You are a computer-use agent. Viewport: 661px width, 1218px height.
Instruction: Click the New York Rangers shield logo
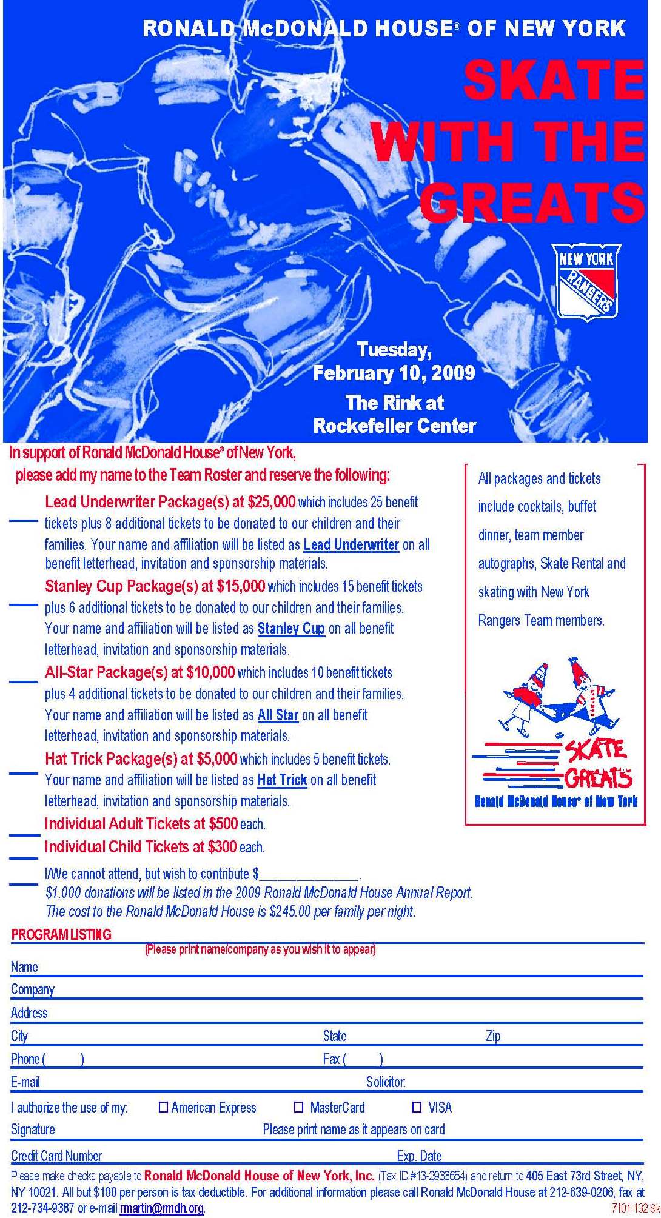point(586,281)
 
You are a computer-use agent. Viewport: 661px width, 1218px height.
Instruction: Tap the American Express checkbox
point(163,1108)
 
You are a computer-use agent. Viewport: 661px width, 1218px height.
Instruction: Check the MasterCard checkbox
point(298,1108)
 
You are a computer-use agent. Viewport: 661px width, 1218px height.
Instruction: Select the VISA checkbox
point(417,1108)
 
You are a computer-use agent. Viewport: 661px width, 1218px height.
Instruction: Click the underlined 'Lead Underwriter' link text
point(351,544)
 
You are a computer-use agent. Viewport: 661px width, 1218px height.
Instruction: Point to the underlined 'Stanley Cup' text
point(291,629)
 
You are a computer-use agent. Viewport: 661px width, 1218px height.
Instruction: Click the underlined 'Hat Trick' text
point(282,780)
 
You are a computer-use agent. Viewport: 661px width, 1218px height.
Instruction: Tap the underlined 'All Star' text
point(278,715)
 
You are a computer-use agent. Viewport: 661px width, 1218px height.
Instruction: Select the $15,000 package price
point(241,586)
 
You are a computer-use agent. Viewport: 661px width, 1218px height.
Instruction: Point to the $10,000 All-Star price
point(210,672)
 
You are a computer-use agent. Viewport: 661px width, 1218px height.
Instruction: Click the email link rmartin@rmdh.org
point(161,1208)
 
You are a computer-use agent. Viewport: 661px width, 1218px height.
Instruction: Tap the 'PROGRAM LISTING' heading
point(61,934)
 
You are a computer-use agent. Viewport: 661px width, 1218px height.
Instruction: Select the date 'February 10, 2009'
point(394,372)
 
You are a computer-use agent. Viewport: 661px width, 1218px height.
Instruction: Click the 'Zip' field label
point(493,1036)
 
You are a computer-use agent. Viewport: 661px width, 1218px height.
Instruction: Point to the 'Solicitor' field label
point(386,1082)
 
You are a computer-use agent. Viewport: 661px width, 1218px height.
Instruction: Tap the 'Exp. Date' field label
point(419,1156)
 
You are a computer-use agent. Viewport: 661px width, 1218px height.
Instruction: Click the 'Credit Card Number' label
point(56,1156)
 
